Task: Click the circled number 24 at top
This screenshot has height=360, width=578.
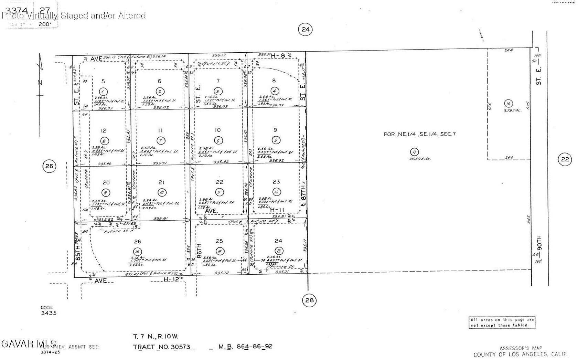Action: [x=306, y=29]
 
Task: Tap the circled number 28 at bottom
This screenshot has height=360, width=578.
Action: [x=309, y=300]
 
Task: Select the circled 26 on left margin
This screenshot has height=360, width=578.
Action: [x=49, y=166]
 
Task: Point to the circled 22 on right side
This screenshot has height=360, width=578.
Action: [x=565, y=159]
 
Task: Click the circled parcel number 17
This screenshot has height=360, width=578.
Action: [x=415, y=152]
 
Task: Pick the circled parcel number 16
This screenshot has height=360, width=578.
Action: [x=508, y=103]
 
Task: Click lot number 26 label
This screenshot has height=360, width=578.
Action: [x=137, y=242]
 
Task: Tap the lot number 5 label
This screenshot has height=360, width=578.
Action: [x=103, y=81]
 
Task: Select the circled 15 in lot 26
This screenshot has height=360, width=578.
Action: [x=138, y=251]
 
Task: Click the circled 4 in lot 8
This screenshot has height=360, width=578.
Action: [x=274, y=91]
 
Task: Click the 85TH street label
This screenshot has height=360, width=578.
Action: [x=78, y=252]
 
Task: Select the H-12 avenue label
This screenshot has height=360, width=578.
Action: [x=171, y=279]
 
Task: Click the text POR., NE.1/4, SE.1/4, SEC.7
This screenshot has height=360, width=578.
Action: [x=419, y=134]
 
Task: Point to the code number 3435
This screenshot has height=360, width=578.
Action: [x=49, y=313]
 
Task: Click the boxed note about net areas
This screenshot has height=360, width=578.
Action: [x=502, y=322]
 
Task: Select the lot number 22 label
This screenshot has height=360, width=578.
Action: [x=220, y=182]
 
